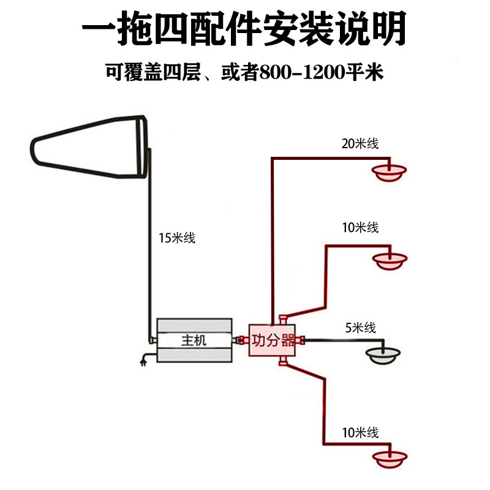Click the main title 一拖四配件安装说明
tap(244, 29)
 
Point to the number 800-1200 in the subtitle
tap(302, 72)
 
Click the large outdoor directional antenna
tap(89, 147)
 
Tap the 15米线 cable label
tap(177, 238)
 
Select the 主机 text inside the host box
tap(194, 340)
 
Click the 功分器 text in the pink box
tap(273, 340)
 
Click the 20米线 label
tap(360, 144)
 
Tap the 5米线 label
tap(360, 328)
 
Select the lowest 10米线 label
tap(360, 433)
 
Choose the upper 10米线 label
tap(360, 227)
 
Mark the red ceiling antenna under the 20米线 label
tap(389, 173)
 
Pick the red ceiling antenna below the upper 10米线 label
tap(390, 262)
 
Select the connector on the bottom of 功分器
tap(283, 361)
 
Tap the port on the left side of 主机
tap(153, 340)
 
